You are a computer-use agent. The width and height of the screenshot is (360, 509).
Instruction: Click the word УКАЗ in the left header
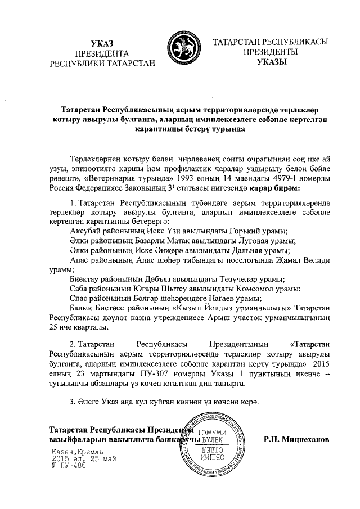coord(102,43)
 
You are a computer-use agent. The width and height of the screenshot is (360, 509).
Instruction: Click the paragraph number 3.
coord(71,402)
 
